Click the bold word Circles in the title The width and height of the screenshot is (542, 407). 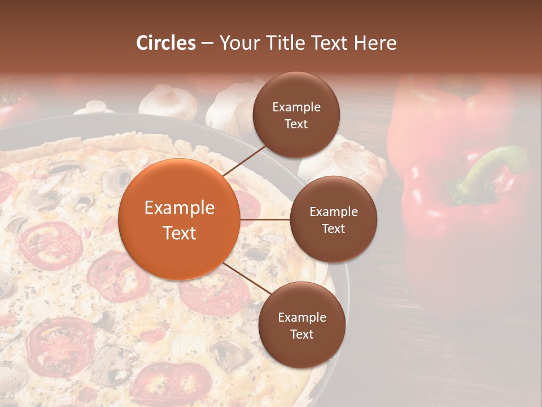click(165, 43)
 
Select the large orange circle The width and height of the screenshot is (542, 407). click(180, 219)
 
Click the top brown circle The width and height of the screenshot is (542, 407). click(296, 115)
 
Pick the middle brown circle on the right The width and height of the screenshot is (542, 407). click(333, 219)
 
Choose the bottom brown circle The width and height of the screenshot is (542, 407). click(301, 325)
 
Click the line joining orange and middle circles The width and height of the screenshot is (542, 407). click(265, 219)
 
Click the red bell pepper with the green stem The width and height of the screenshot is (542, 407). click(463, 237)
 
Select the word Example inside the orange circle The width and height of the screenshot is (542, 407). click(180, 208)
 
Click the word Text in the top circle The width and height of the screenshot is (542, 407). click(296, 124)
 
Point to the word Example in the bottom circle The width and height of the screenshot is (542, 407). click(301, 317)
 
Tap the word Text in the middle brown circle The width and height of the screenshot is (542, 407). click(333, 228)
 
